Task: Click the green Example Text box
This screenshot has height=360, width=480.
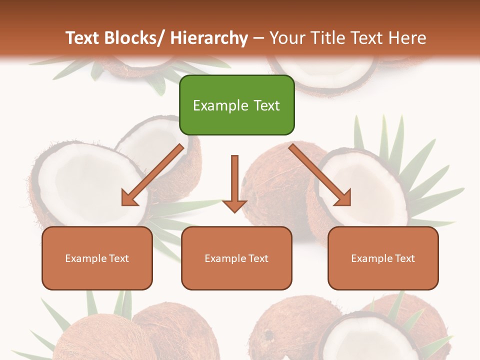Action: click(236, 105)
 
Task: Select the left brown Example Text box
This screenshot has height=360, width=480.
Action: click(97, 258)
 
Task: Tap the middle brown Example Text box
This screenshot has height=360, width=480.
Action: click(236, 258)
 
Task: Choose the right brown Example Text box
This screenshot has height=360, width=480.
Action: click(383, 258)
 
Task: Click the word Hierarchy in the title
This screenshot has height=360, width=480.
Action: click(209, 38)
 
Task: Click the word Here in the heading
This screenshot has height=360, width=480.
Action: click(407, 38)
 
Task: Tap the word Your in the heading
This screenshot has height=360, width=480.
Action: click(288, 38)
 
